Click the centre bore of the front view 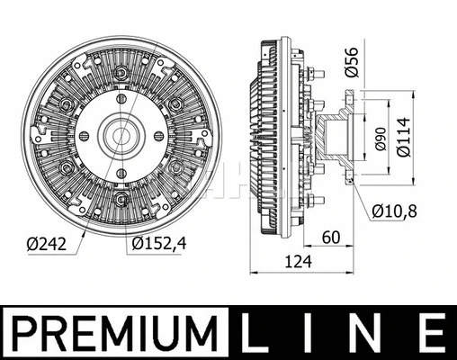pos(121,137)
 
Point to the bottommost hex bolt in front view pos(121,199)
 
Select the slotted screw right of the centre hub pos(158,137)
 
